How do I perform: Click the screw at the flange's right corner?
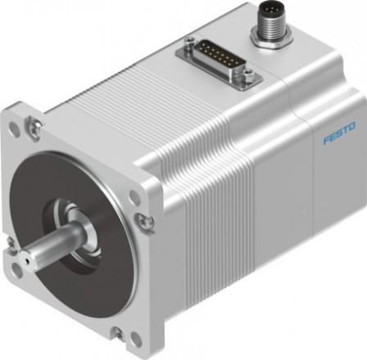(144, 220)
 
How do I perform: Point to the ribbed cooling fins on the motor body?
(205, 164)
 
